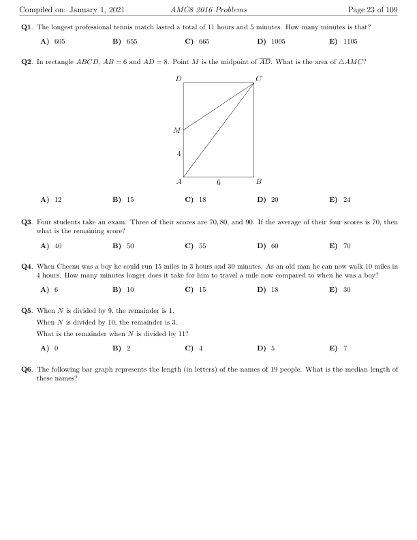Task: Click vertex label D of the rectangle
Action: click(x=179, y=79)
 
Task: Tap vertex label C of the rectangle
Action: click(x=258, y=79)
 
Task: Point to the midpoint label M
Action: click(x=177, y=130)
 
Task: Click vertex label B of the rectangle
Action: click(x=258, y=182)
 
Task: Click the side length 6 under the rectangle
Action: click(x=219, y=183)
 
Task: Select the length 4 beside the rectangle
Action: click(x=179, y=154)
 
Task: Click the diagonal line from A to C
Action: click(x=219, y=130)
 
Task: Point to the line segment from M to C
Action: click(x=219, y=106)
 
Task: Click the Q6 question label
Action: click(x=27, y=369)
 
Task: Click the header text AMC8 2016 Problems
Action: click(x=208, y=10)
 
